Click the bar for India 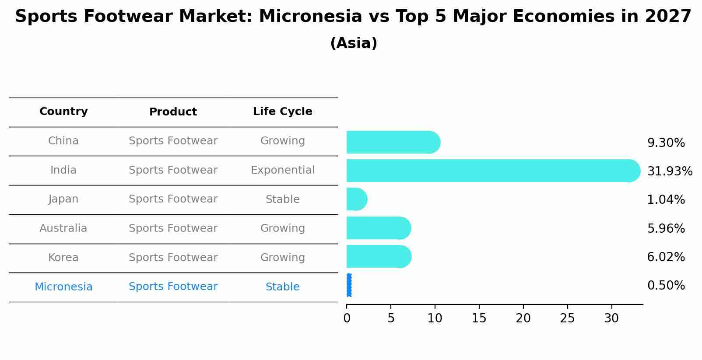pyautogui.click(x=493, y=171)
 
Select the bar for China pyautogui.click(x=393, y=142)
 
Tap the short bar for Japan pyautogui.click(x=357, y=199)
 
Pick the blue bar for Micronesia pyautogui.click(x=349, y=285)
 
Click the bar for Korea pyautogui.click(x=379, y=257)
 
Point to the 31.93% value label pyautogui.click(x=670, y=171)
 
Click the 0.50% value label pyautogui.click(x=666, y=286)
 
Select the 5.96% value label pyautogui.click(x=666, y=228)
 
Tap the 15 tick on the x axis pyautogui.click(x=479, y=318)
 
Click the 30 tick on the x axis pyautogui.click(x=611, y=318)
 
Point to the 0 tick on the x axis pyautogui.click(x=347, y=318)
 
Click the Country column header pyautogui.click(x=63, y=112)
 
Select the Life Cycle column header pyautogui.click(x=283, y=112)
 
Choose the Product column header pyautogui.click(x=173, y=112)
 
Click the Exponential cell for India pyautogui.click(x=283, y=170)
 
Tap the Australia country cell pyautogui.click(x=63, y=228)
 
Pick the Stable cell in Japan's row pyautogui.click(x=283, y=199)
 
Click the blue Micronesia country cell pyautogui.click(x=63, y=287)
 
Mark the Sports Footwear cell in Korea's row pyautogui.click(x=173, y=258)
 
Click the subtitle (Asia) pyautogui.click(x=354, y=43)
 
